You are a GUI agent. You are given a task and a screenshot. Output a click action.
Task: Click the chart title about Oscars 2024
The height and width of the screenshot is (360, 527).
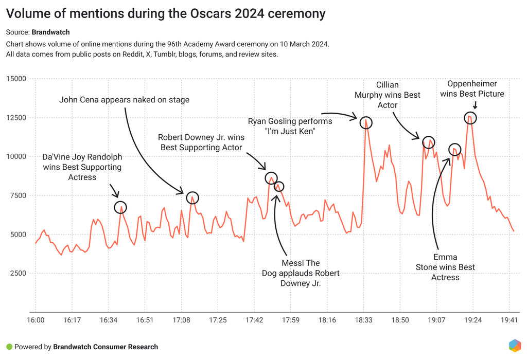(166, 13)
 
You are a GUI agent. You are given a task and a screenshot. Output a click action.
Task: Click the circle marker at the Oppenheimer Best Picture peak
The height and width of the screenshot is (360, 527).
(470, 118)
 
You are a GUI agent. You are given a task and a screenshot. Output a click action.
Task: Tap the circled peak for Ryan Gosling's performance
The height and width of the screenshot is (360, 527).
(366, 122)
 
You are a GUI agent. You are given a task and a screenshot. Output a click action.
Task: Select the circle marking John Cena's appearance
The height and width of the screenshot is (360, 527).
(192, 198)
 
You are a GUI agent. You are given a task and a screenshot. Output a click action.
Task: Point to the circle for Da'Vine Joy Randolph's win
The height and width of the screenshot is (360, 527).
(120, 207)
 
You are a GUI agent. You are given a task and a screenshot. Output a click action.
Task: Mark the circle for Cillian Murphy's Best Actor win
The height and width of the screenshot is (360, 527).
(428, 142)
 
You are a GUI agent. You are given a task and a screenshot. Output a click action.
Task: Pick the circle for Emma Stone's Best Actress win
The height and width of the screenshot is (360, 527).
(454, 150)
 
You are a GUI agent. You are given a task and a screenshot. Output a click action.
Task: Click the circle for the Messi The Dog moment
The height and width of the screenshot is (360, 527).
(279, 186)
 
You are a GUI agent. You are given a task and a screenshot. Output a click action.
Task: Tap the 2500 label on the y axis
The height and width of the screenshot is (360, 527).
(17, 273)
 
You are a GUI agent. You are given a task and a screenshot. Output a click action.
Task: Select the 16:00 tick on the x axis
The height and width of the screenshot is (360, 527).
(36, 320)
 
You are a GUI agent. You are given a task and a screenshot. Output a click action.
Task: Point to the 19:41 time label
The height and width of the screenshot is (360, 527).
(509, 320)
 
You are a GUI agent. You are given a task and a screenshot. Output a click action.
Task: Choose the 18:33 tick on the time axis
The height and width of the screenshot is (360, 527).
(363, 320)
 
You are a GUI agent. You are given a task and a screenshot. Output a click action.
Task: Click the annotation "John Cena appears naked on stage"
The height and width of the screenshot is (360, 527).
(124, 100)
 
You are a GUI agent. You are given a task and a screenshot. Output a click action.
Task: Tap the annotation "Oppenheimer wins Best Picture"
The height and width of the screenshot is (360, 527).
(472, 88)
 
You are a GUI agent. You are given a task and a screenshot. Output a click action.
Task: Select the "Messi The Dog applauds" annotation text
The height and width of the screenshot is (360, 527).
(301, 273)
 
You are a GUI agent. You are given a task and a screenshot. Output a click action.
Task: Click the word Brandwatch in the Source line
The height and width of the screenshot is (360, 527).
(55, 32)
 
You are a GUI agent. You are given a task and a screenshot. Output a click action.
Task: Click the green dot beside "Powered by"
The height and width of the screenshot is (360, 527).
(9, 347)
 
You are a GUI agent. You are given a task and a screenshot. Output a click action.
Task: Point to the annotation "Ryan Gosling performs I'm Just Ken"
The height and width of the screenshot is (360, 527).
(290, 127)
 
